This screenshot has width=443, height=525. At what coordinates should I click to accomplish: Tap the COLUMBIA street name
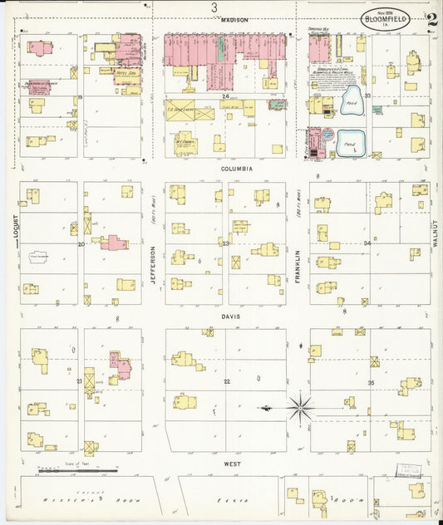[237, 168]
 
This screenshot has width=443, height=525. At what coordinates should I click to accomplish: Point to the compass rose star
[300, 407]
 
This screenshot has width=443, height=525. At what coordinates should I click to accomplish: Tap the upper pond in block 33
[350, 101]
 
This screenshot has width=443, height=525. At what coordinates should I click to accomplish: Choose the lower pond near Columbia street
[347, 141]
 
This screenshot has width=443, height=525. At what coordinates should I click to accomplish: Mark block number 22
[225, 380]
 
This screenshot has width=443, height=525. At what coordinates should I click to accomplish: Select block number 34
[367, 243]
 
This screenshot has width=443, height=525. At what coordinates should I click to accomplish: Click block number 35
[371, 382]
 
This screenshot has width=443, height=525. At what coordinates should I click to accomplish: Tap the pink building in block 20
[114, 243]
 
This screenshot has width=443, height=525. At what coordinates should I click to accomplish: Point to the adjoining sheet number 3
[214, 7]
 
